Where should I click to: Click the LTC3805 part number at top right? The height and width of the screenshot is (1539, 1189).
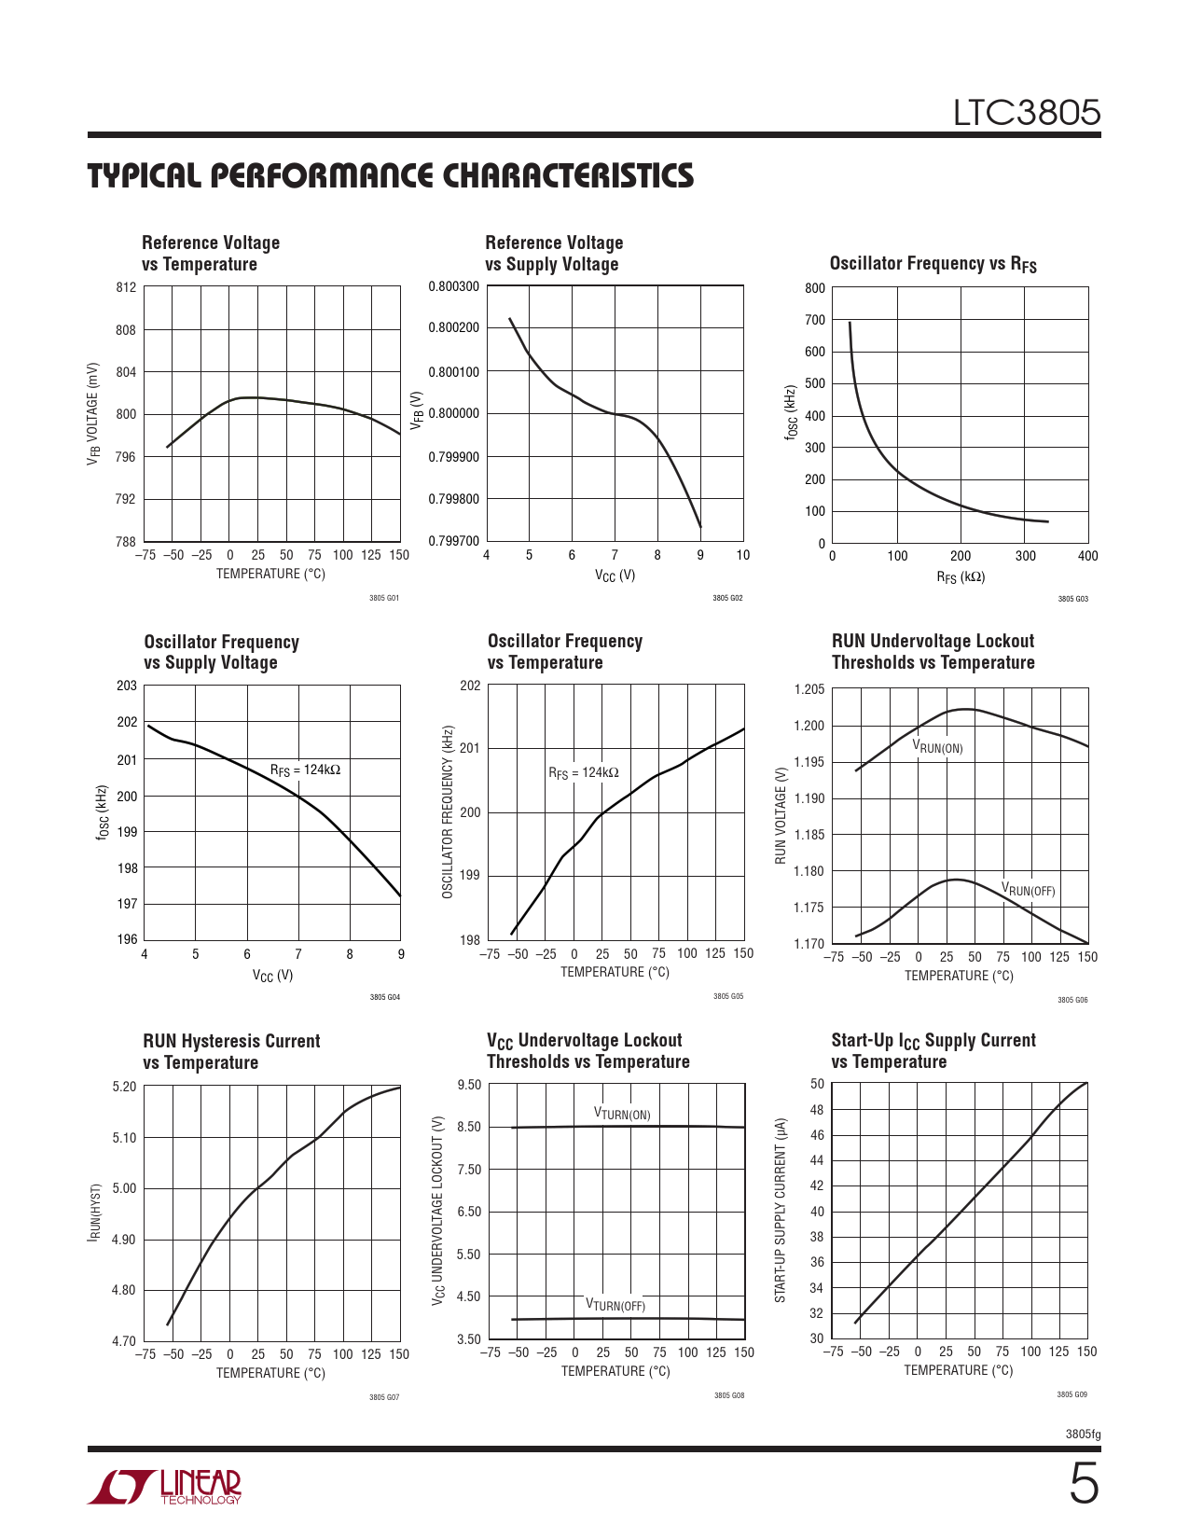tap(1026, 113)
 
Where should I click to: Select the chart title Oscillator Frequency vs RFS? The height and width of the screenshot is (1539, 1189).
tap(933, 264)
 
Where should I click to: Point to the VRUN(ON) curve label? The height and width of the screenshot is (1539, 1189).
tap(937, 747)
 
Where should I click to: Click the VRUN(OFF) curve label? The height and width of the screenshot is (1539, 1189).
tap(1028, 890)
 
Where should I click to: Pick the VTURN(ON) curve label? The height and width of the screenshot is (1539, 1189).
tap(622, 1114)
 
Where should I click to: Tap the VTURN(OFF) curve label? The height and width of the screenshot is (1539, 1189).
tap(615, 1305)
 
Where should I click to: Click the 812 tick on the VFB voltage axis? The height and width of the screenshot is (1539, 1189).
tap(126, 287)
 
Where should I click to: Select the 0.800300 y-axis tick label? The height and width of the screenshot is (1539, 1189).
tap(453, 286)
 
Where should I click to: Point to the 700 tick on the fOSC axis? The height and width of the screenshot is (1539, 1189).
tap(815, 320)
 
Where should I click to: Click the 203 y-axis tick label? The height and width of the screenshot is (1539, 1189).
tap(127, 686)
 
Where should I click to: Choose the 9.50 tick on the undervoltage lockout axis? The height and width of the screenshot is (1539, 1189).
tap(469, 1085)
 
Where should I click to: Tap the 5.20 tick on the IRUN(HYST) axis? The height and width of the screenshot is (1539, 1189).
tap(124, 1087)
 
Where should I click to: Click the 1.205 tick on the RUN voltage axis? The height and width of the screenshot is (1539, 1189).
tap(809, 689)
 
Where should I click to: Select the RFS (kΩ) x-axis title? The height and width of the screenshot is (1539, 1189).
tap(961, 577)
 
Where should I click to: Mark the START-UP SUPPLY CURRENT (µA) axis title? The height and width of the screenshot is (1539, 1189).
tap(781, 1211)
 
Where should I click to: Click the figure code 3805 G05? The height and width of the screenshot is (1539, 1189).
tap(728, 997)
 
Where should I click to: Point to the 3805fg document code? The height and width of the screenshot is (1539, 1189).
tap(1083, 1435)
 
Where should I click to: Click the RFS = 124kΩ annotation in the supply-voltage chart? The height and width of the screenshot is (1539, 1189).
tap(305, 770)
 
